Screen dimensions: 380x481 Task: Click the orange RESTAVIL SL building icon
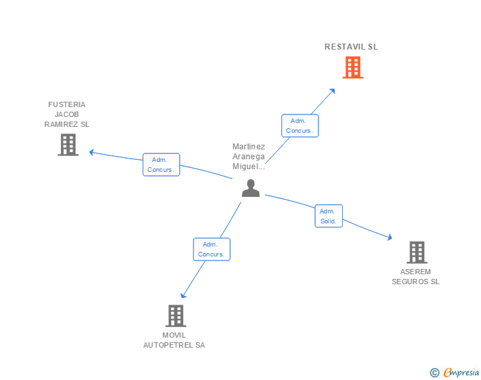pyautogui.click(x=353, y=67)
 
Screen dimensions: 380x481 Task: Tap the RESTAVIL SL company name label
pyautogui.click(x=351, y=47)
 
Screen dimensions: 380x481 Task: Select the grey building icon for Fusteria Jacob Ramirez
pyautogui.click(x=68, y=145)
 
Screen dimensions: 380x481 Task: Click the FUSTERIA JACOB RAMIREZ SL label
pyautogui.click(x=67, y=114)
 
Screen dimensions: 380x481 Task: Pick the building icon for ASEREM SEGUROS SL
pyautogui.click(x=416, y=252)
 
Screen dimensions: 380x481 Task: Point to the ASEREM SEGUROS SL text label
pyautogui.click(x=416, y=276)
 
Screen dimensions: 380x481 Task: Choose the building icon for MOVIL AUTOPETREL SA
pyautogui.click(x=175, y=316)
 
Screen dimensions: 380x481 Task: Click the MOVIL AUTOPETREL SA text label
pyautogui.click(x=174, y=340)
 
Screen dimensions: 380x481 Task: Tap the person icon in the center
pyautogui.click(x=250, y=188)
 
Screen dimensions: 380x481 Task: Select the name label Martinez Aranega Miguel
pyautogui.click(x=249, y=157)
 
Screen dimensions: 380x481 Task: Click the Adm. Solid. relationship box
pyautogui.click(x=328, y=216)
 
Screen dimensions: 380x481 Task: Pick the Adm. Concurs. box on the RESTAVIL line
pyautogui.click(x=300, y=126)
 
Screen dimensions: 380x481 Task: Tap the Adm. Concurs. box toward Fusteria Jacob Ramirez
pyautogui.click(x=161, y=165)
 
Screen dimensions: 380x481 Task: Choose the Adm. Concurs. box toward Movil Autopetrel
pyautogui.click(x=211, y=249)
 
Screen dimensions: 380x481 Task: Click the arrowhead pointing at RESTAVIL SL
pyautogui.click(x=334, y=89)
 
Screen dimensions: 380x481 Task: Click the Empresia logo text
pyautogui.click(x=461, y=373)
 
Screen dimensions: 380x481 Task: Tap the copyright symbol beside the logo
pyautogui.click(x=435, y=373)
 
